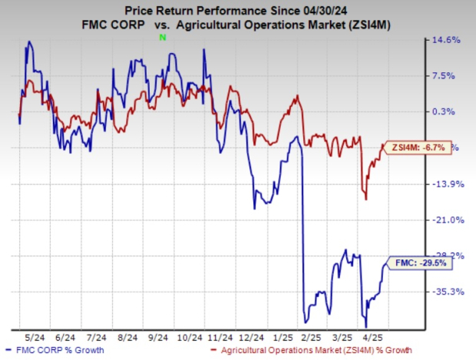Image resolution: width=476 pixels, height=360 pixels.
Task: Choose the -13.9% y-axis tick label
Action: tap(445, 184)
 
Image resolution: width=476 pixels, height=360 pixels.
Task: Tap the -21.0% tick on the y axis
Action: tap(445, 220)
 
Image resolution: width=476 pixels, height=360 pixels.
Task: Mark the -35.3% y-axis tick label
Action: tap(445, 292)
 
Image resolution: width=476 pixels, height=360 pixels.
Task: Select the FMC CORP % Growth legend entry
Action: tap(55, 352)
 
